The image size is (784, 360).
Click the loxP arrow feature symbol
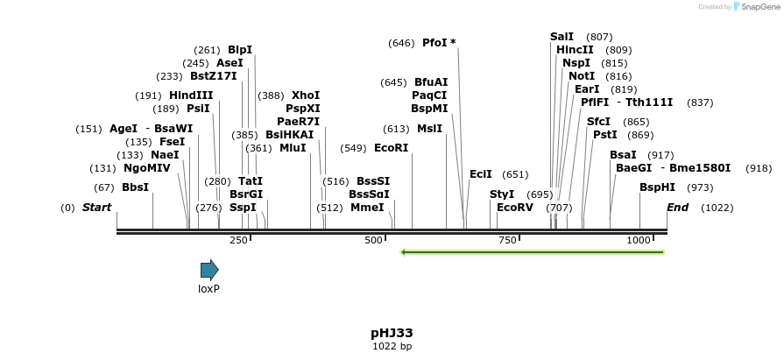click(208, 270)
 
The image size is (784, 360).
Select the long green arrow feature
click(532, 252)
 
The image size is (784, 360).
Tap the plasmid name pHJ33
click(392, 333)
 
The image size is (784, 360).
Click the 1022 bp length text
click(392, 347)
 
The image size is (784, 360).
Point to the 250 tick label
click(238, 240)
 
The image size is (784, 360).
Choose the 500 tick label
click(373, 240)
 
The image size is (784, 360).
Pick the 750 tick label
click(507, 240)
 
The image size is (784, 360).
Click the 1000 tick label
click(639, 240)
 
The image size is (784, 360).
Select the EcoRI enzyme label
click(391, 148)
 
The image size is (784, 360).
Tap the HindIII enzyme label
click(191, 95)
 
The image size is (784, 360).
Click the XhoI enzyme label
click(306, 95)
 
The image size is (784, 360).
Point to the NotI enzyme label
click(582, 76)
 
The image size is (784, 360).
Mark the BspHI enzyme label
click(657, 187)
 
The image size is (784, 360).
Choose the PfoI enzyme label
click(434, 43)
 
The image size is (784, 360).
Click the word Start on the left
click(96, 208)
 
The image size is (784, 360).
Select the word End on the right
click(677, 208)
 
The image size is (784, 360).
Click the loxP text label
click(208, 288)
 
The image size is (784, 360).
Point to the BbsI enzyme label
click(135, 187)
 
